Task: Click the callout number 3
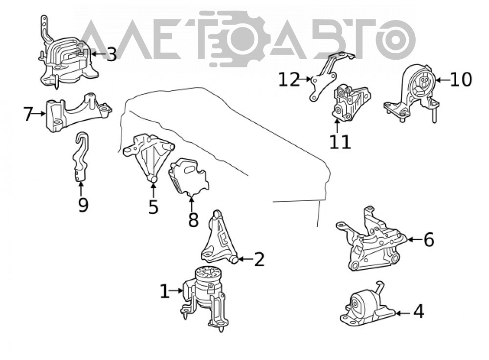coord(111,54)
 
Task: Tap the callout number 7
coord(28,113)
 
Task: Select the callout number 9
coord(83,204)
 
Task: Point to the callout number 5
coord(153,206)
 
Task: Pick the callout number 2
coord(259,259)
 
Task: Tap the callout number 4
coord(419,311)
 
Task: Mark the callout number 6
coord(429,240)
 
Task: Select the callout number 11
coord(340,142)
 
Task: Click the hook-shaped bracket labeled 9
coord(81,157)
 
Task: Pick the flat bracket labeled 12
coord(328,76)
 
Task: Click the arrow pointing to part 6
coord(415,240)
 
